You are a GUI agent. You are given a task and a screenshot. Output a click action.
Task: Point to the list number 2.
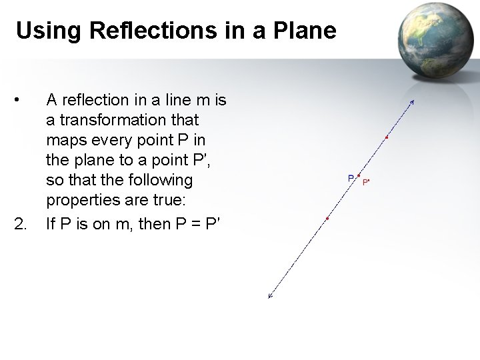19,224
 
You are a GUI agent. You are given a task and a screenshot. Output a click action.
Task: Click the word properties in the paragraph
77,200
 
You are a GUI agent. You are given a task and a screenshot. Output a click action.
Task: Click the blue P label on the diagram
351,178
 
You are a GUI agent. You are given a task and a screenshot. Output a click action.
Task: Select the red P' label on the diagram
366,182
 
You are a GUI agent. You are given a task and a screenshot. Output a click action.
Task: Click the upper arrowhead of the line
412,102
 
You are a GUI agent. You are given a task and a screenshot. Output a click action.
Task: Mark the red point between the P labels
359,177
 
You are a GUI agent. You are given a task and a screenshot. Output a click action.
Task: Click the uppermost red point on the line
387,137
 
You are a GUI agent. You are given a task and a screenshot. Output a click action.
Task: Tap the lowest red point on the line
327,219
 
